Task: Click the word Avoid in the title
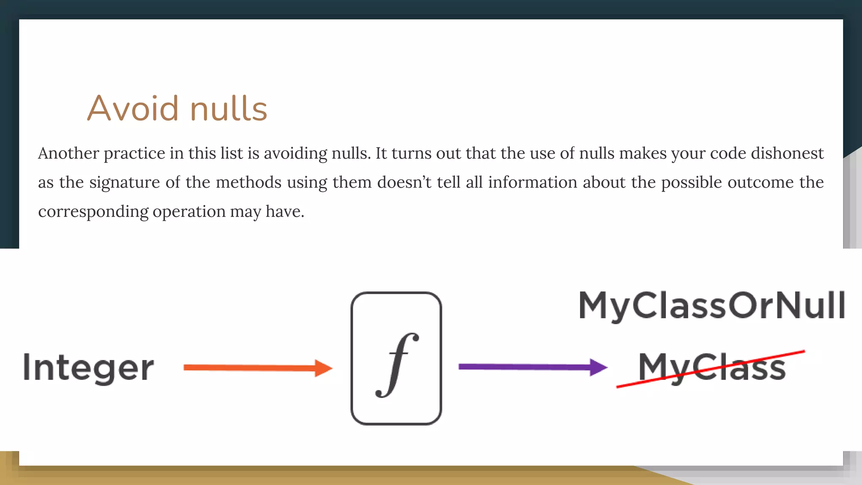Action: pyautogui.click(x=133, y=109)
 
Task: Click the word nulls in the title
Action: pyautogui.click(x=229, y=109)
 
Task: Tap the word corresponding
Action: pyautogui.click(x=93, y=212)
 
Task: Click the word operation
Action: pyautogui.click(x=189, y=212)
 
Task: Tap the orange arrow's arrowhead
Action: pyautogui.click(x=323, y=368)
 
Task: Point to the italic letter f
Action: pyautogui.click(x=397, y=365)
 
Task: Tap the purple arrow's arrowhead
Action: pyautogui.click(x=598, y=367)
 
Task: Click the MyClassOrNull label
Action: pyautogui.click(x=711, y=306)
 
